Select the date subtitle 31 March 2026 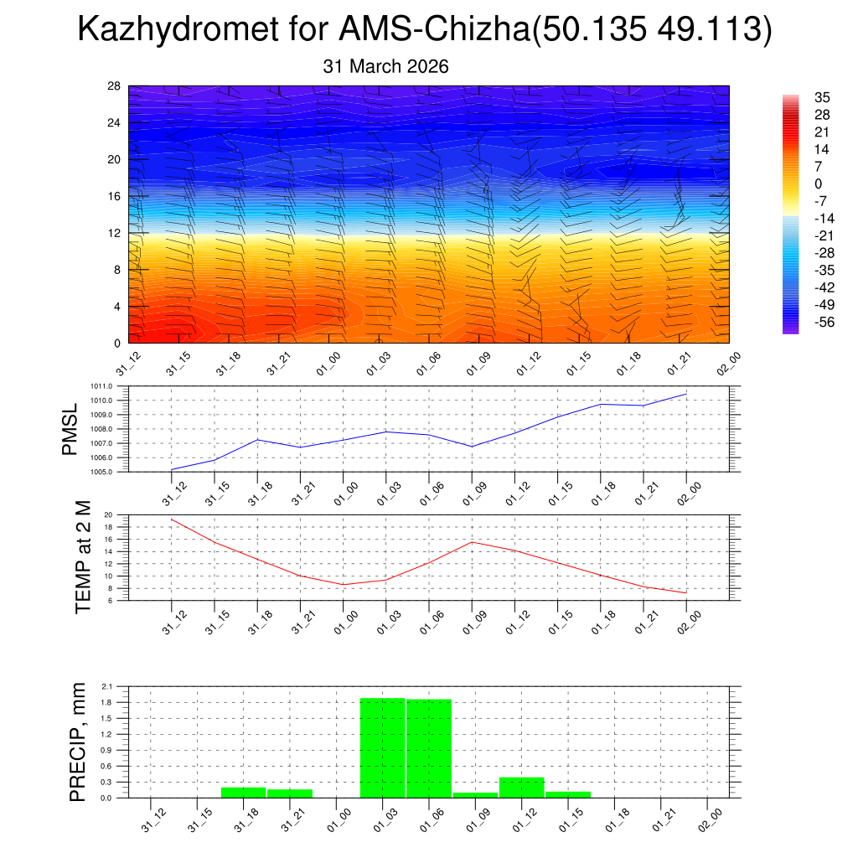pos(385,66)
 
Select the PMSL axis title pos(70,429)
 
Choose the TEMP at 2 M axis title pos(82,557)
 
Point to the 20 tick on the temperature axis pos(109,515)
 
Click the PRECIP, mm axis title pos(77,742)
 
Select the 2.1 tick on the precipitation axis pos(106,687)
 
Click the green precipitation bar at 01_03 pos(382,748)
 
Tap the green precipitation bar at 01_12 pos(521,788)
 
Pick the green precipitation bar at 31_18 pos(243,793)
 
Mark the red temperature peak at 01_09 pos(472,542)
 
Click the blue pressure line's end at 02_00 pos(686,394)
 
